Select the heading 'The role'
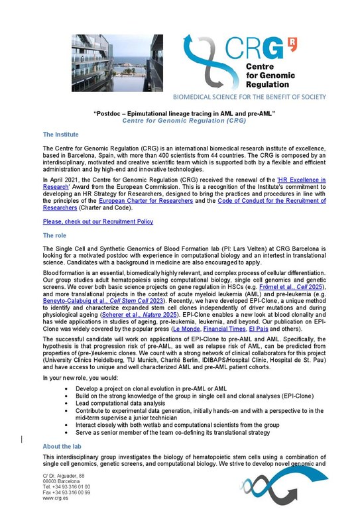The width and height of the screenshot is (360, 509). (x=54, y=235)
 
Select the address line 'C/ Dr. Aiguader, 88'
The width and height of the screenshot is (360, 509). (x=64, y=477)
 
